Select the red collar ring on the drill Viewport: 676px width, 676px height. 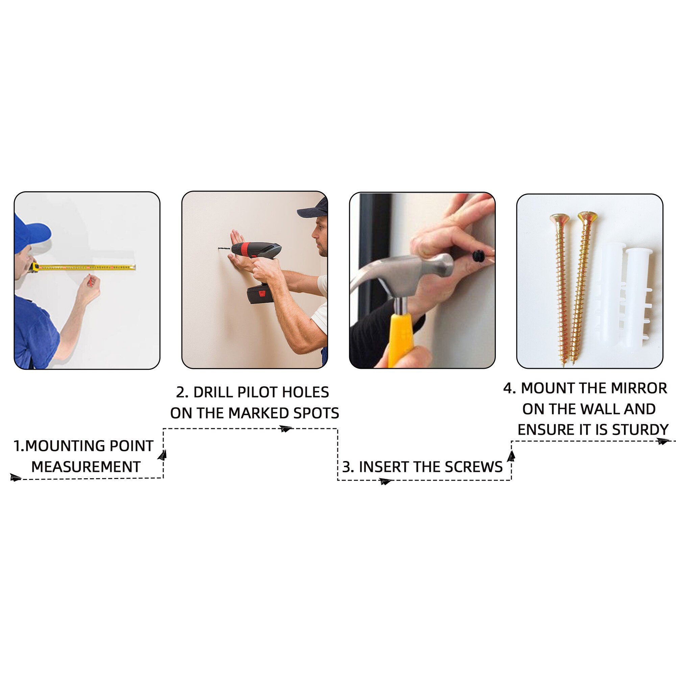coord(246,249)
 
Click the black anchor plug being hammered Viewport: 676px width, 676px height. coord(478,256)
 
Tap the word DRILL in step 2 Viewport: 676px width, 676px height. coord(213,392)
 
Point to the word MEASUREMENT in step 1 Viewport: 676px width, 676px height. coord(86,467)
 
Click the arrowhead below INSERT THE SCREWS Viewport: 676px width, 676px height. coord(385,481)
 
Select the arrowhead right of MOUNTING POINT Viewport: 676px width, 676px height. coord(162,455)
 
